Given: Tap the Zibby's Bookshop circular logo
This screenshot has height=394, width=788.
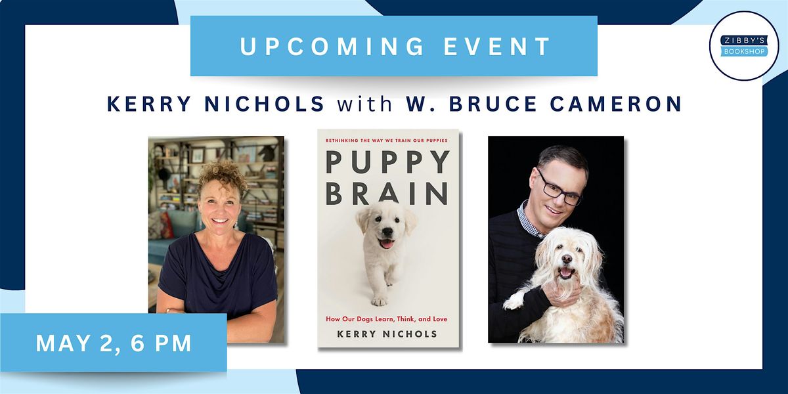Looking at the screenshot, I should tap(744, 46).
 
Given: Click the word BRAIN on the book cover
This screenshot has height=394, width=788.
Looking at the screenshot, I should tap(388, 194).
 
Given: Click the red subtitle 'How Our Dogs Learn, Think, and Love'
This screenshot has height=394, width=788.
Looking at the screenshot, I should tap(388, 319).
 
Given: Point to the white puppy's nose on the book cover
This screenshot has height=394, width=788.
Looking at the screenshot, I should tap(387, 235).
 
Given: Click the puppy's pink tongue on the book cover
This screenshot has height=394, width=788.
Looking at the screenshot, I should tap(387, 244).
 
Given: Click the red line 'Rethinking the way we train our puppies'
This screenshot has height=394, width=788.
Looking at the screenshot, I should tap(388, 139).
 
